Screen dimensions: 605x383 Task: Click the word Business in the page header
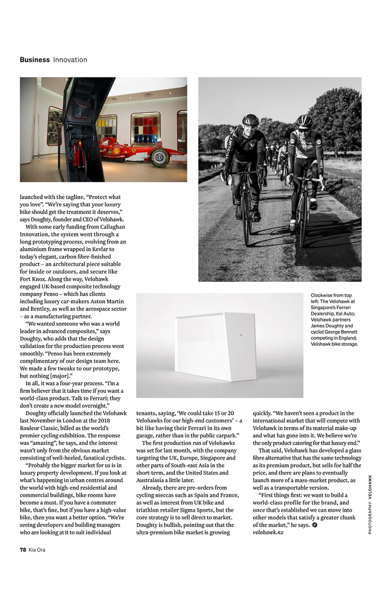coord(34,60)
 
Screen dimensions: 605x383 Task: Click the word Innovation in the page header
coord(70,60)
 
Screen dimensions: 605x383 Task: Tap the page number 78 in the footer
coord(23,549)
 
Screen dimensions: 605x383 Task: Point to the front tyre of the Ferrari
coord(160,158)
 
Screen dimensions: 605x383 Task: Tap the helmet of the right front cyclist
coord(304,121)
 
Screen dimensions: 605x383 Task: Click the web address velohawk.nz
coord(268,532)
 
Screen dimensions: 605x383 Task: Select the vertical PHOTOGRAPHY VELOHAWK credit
coord(370,505)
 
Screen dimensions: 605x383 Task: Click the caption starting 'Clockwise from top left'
coord(335,319)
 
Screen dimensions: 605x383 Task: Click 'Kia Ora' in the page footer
coord(37,549)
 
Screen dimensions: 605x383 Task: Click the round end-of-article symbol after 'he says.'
coord(314,525)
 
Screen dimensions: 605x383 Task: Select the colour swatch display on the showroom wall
coord(145,128)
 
